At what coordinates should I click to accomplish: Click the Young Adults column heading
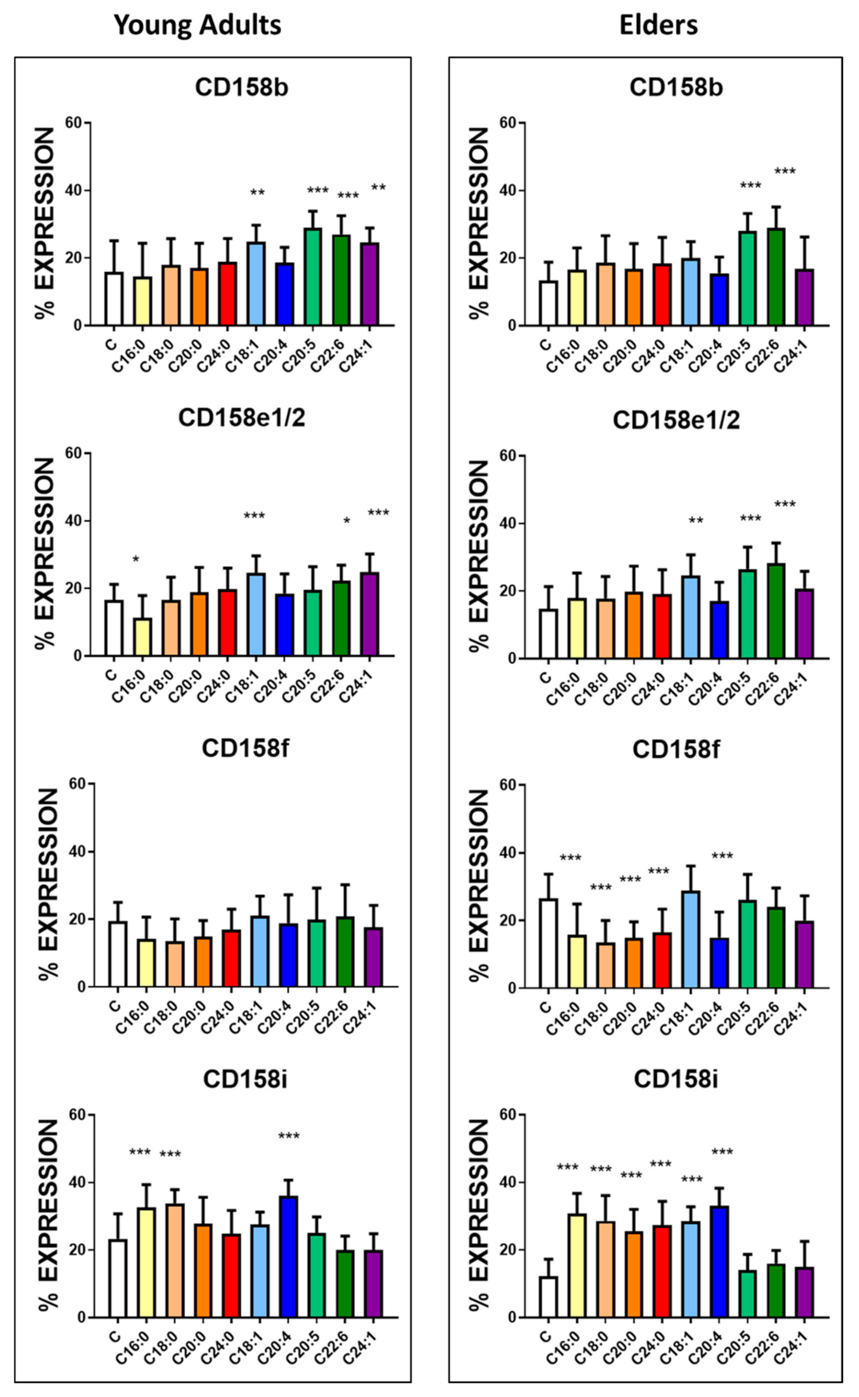[198, 25]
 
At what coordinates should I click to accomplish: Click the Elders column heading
[658, 25]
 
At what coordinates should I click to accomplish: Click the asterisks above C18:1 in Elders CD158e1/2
[696, 521]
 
